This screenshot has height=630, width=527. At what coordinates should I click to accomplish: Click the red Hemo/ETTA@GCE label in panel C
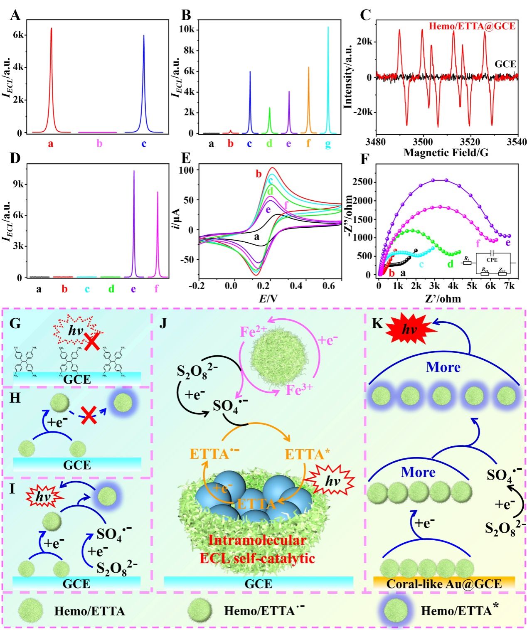tap(472, 26)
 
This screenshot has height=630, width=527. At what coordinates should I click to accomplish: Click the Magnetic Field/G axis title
tap(446, 153)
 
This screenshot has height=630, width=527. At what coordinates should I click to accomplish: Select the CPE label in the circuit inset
tap(492, 260)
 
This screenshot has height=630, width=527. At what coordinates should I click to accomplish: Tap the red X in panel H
tap(89, 416)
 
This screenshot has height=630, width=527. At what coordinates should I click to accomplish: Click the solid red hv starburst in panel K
tap(410, 330)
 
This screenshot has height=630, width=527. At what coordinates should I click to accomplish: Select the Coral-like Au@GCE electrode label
tap(444, 583)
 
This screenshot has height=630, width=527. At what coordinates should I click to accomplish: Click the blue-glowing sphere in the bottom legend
tap(394, 610)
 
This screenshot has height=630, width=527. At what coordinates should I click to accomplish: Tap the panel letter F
tap(365, 159)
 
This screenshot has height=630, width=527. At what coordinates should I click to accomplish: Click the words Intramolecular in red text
tap(257, 540)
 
